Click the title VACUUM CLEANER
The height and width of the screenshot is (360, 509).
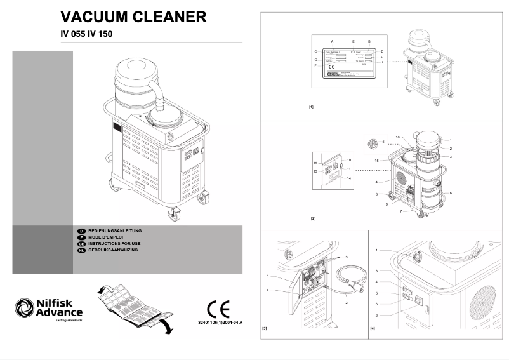pyautogui.click(x=133, y=17)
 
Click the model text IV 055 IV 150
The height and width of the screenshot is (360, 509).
pyautogui.click(x=87, y=34)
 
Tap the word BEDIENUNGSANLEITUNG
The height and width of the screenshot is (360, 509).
pyautogui.click(x=115, y=230)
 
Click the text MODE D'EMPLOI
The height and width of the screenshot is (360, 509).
pyautogui.click(x=106, y=237)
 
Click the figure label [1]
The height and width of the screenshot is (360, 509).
pyautogui.click(x=311, y=107)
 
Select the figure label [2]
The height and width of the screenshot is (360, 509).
pyautogui.click(x=313, y=218)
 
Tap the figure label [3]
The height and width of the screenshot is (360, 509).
pyautogui.click(x=265, y=329)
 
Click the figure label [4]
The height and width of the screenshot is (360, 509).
pyautogui.click(x=373, y=329)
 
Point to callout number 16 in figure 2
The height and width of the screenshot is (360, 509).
pyautogui.click(x=397, y=137)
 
